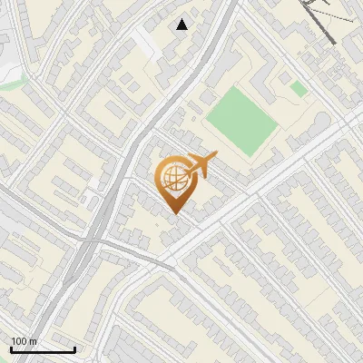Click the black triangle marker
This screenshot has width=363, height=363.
[182, 25]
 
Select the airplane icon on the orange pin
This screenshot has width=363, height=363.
[201, 164]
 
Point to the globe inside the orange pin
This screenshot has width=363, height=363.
[172, 178]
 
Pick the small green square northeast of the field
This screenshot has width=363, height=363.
[299, 88]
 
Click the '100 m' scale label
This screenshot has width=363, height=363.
[24, 341]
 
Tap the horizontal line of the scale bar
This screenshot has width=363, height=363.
[42, 349]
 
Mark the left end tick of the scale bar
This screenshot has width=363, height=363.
[10, 348]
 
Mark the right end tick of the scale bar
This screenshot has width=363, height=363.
[74, 348]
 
